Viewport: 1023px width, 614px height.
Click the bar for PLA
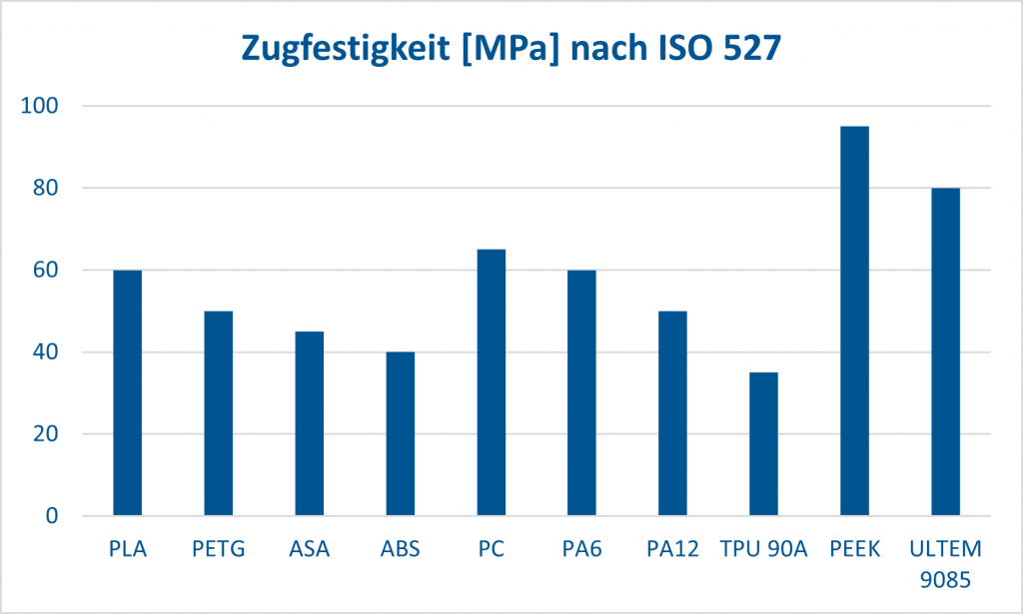point(127,393)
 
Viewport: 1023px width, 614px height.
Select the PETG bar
point(218,413)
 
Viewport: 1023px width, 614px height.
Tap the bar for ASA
point(309,424)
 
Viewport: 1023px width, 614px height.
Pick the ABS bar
point(400,434)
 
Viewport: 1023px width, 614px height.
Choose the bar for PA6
point(581,393)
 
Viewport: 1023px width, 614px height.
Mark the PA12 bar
point(672,413)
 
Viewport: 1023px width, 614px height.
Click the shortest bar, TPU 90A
point(763,444)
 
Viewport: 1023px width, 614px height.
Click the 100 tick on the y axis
point(43,106)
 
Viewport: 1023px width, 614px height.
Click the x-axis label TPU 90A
point(763,549)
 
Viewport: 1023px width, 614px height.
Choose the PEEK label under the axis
point(854,549)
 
